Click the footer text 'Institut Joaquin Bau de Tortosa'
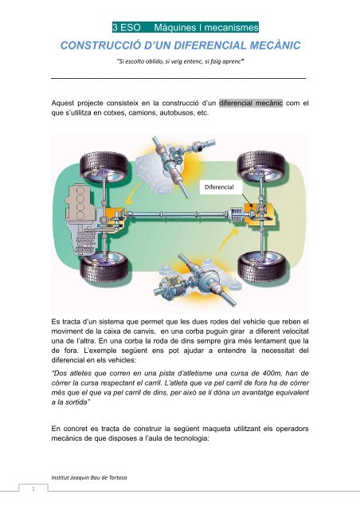[87, 476]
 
